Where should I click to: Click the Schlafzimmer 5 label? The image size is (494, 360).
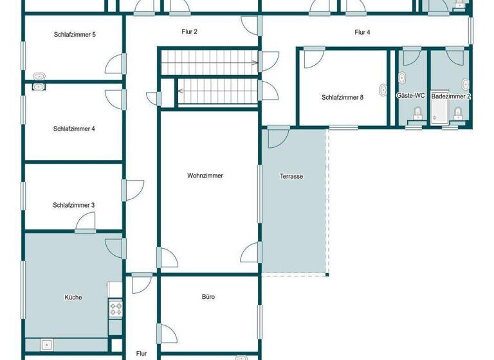point(75,34)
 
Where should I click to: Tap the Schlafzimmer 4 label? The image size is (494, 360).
point(74,129)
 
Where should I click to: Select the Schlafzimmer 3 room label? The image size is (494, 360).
point(74,205)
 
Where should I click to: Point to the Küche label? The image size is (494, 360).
point(73,297)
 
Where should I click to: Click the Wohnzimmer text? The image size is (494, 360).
point(205,175)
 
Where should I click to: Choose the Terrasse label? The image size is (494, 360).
point(291,176)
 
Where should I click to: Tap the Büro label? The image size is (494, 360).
point(208,297)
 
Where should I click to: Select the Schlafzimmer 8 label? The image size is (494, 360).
point(343,98)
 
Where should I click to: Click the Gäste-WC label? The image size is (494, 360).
point(410,96)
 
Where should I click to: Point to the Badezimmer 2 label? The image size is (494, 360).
point(451,96)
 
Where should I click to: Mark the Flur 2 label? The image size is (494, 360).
point(189,31)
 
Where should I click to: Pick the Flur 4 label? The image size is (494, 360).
point(362,32)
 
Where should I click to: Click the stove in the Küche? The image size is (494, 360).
point(116,309)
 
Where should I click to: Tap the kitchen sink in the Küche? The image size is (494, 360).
point(47,344)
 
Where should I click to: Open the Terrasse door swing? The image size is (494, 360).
point(279,137)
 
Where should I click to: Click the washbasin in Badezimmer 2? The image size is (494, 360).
point(465,84)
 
